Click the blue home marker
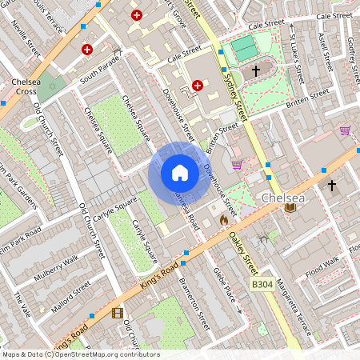coord(180,173)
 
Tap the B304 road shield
coord(262,284)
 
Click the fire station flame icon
coord(224,218)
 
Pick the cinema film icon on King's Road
coord(118,313)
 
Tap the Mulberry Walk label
coord(56,269)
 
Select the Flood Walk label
coord(322,269)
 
